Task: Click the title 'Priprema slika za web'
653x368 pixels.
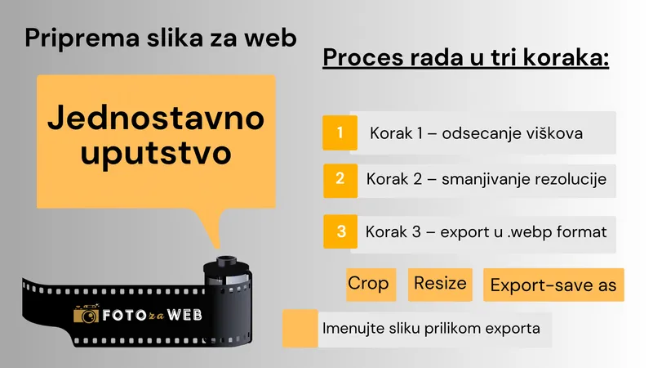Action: [161, 38]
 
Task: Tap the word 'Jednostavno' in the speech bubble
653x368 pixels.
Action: [156, 118]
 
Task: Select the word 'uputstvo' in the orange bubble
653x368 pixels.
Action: [156, 153]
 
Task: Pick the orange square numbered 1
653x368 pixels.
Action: [340, 132]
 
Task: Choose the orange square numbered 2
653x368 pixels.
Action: [340, 179]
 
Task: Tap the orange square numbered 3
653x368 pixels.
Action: [340, 231]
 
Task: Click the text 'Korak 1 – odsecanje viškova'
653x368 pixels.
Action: [476, 132]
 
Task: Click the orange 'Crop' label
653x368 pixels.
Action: [367, 284]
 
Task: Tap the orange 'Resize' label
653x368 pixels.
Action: [440, 284]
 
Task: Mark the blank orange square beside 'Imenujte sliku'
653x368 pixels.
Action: [300, 329]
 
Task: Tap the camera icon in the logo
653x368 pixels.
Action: [86, 314]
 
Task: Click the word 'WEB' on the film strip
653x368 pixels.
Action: [183, 313]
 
